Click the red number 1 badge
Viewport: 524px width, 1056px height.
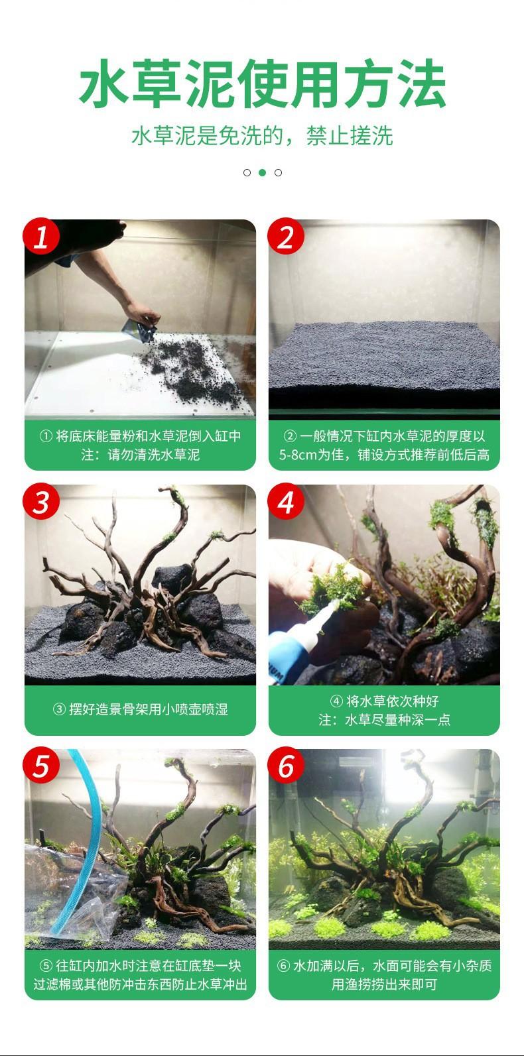42,236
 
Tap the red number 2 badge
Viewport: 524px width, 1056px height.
286,236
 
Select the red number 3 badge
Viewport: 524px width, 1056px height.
42,501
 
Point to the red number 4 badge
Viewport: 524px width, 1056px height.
286,501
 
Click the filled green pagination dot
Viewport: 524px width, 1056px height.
262,172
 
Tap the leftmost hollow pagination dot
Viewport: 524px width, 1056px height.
247,172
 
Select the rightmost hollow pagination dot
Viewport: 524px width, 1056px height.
279,172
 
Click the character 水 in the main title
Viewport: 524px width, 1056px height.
103,83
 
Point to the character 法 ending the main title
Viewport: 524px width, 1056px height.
422,83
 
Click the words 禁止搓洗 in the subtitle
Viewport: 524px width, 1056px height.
350,136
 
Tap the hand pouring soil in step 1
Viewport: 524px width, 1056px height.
141,314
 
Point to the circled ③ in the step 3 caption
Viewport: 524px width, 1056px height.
59,709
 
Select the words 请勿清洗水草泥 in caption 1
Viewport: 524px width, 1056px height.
154,455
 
